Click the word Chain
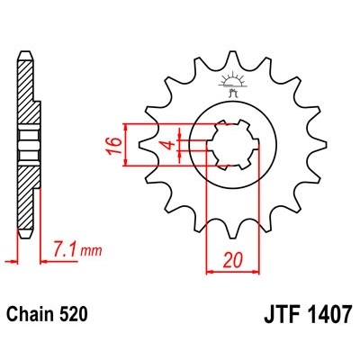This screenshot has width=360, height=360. point(31,316)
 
